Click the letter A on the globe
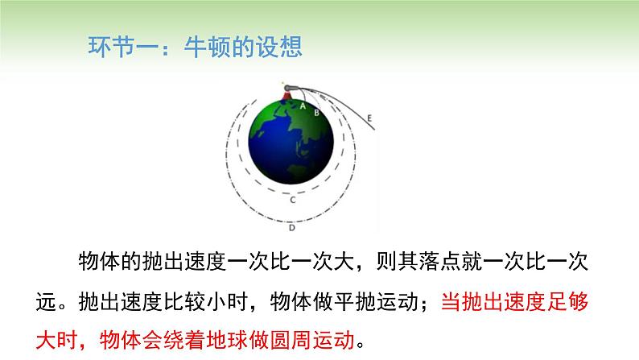point(303,106)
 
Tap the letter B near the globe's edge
point(316,113)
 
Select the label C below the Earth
point(293,201)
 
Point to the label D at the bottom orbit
point(292,228)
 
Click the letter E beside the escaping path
point(369,118)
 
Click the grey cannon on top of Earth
point(291,88)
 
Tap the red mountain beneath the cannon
point(287,96)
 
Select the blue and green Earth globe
point(291,142)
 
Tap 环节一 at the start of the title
point(123,47)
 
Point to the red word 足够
point(567,302)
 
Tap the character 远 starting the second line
point(46,302)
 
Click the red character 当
point(451,302)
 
